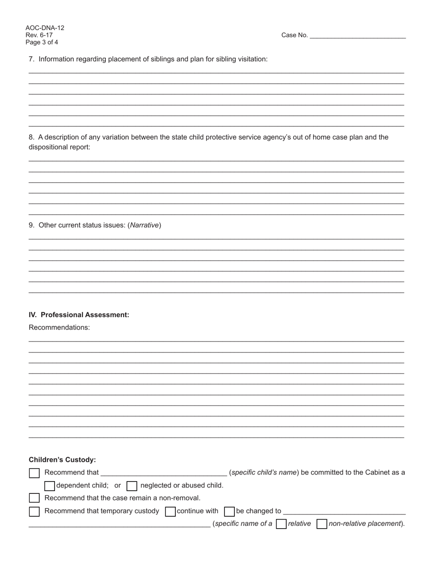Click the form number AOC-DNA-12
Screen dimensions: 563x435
(45, 28)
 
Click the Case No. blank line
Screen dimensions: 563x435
(358, 36)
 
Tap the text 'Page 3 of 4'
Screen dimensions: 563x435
(42, 43)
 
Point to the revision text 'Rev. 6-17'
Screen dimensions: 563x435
(39, 35)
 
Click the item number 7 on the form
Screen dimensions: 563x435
(32, 59)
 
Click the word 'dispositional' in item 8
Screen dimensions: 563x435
(49, 147)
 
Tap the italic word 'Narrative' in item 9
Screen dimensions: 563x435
(145, 225)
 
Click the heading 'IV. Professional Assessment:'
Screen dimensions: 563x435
(79, 315)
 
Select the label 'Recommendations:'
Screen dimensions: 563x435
(59, 328)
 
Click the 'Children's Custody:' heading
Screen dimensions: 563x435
(62, 460)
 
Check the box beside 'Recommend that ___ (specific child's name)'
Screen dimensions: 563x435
(34, 473)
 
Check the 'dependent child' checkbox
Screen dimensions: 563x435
(49, 486)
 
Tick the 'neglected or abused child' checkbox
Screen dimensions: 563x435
(131, 486)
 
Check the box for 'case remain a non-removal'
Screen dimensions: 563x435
(34, 498)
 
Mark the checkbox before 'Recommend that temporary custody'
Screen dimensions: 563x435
(34, 511)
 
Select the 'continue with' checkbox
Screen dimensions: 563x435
(170, 511)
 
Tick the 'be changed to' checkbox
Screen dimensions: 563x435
(229, 511)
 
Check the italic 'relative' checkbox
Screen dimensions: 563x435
(281, 524)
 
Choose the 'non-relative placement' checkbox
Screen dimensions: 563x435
(322, 524)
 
